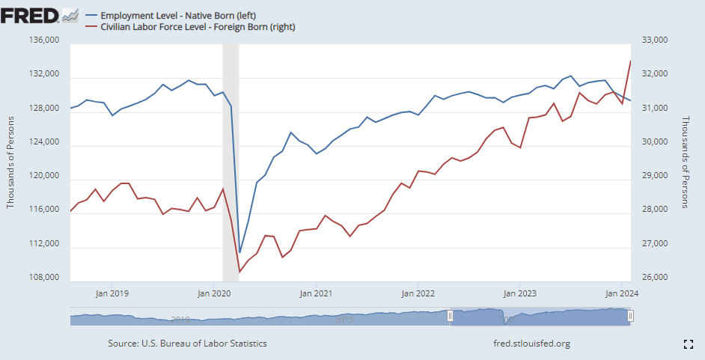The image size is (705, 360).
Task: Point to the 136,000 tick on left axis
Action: point(43,41)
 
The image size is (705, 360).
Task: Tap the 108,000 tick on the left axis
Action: point(43,278)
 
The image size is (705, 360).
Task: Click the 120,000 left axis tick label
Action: point(43,177)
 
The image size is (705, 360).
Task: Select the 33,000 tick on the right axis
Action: point(650,41)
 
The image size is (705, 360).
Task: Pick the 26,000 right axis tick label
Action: point(650,278)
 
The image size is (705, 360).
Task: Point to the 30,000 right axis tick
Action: point(650,143)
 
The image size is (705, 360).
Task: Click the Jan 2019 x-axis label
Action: point(113,293)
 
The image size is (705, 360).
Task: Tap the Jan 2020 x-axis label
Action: point(214,293)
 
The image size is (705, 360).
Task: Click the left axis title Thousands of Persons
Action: point(11,162)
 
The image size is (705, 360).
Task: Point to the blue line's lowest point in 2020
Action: point(239,253)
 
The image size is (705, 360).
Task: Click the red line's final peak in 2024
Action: point(631,61)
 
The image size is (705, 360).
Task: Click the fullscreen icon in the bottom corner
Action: point(689,344)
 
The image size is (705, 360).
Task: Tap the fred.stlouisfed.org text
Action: point(532,344)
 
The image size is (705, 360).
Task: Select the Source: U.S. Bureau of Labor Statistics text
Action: point(187,344)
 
